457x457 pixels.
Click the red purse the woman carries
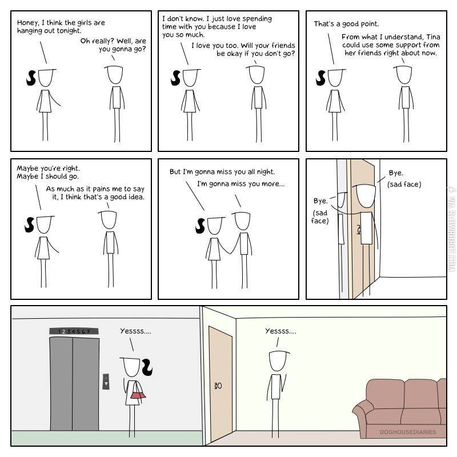(x=138, y=395)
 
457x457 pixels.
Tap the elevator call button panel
(x=106, y=382)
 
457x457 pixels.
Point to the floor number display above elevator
(x=74, y=331)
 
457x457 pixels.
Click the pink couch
(x=399, y=408)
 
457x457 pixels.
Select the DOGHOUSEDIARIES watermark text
(x=408, y=432)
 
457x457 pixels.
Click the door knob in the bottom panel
(x=218, y=386)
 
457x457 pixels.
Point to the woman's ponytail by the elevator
(x=147, y=367)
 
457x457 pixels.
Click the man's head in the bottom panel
(x=278, y=360)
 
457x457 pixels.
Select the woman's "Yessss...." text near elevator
(x=135, y=331)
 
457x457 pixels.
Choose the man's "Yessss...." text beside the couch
(x=280, y=331)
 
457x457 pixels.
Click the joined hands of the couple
(x=232, y=252)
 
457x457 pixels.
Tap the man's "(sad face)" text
(x=404, y=185)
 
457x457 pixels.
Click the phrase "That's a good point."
(x=346, y=24)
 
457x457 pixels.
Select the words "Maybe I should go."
(x=48, y=177)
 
